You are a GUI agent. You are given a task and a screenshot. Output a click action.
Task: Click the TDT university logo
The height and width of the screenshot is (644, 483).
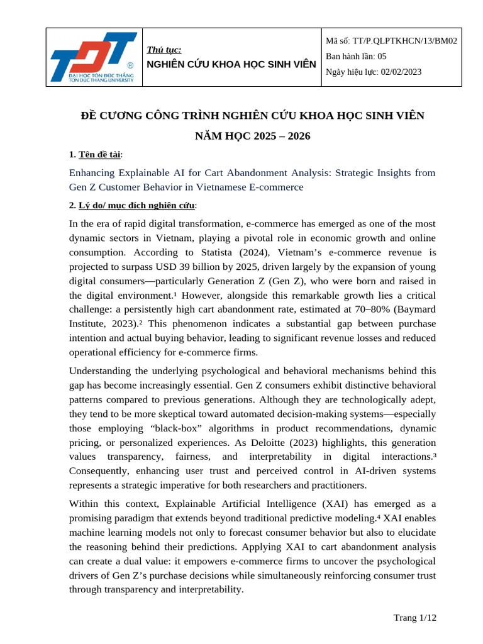click(94, 57)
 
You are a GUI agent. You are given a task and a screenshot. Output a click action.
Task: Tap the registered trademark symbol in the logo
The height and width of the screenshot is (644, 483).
click(130, 65)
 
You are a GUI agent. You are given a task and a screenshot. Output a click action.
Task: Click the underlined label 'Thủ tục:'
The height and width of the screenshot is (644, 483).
click(164, 50)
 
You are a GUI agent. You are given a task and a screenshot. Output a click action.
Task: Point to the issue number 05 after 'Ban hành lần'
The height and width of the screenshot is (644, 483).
click(382, 56)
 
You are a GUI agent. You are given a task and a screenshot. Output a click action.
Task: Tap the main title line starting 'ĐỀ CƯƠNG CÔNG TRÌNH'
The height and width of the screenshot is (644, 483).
click(253, 116)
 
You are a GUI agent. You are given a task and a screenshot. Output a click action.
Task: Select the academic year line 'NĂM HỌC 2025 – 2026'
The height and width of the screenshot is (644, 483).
click(253, 136)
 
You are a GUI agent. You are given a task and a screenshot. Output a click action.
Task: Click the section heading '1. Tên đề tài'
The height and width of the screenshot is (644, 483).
click(96, 155)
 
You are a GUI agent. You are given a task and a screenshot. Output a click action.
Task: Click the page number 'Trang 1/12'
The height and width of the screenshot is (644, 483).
click(414, 618)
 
